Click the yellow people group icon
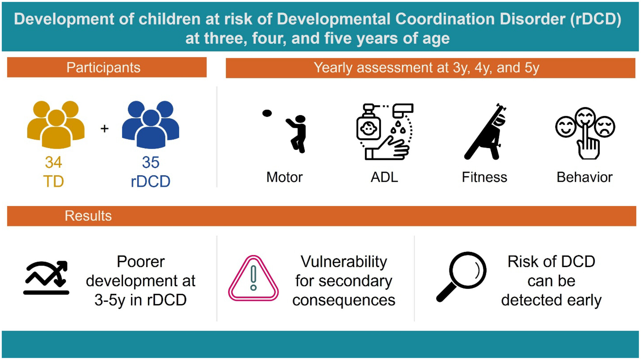[56, 125]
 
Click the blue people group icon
[151, 125]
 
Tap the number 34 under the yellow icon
[54, 162]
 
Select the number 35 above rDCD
[151, 162]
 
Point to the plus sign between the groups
[105, 129]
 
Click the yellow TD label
[54, 182]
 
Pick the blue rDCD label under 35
[151, 182]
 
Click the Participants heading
[103, 67]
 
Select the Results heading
[88, 216]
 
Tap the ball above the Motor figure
[267, 113]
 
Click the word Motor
[284, 177]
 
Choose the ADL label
[384, 177]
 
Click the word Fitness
[484, 177]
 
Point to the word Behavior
[584, 177]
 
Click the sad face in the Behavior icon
[605, 126]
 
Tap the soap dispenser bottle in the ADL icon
[368, 123]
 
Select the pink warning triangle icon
[253, 278]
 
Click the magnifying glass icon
[461, 276]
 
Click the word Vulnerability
[344, 262]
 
